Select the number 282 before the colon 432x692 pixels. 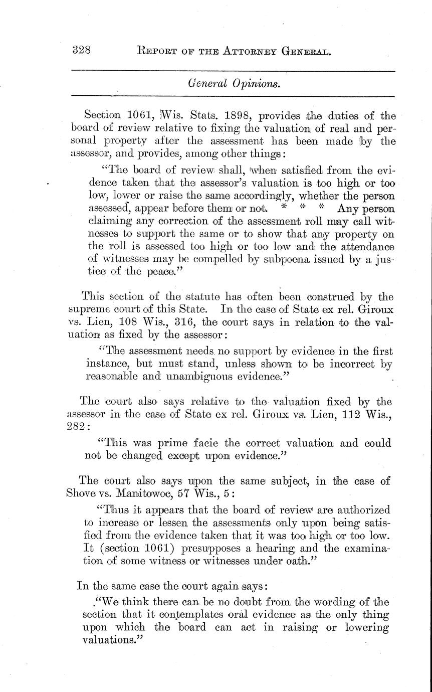click(76, 426)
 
